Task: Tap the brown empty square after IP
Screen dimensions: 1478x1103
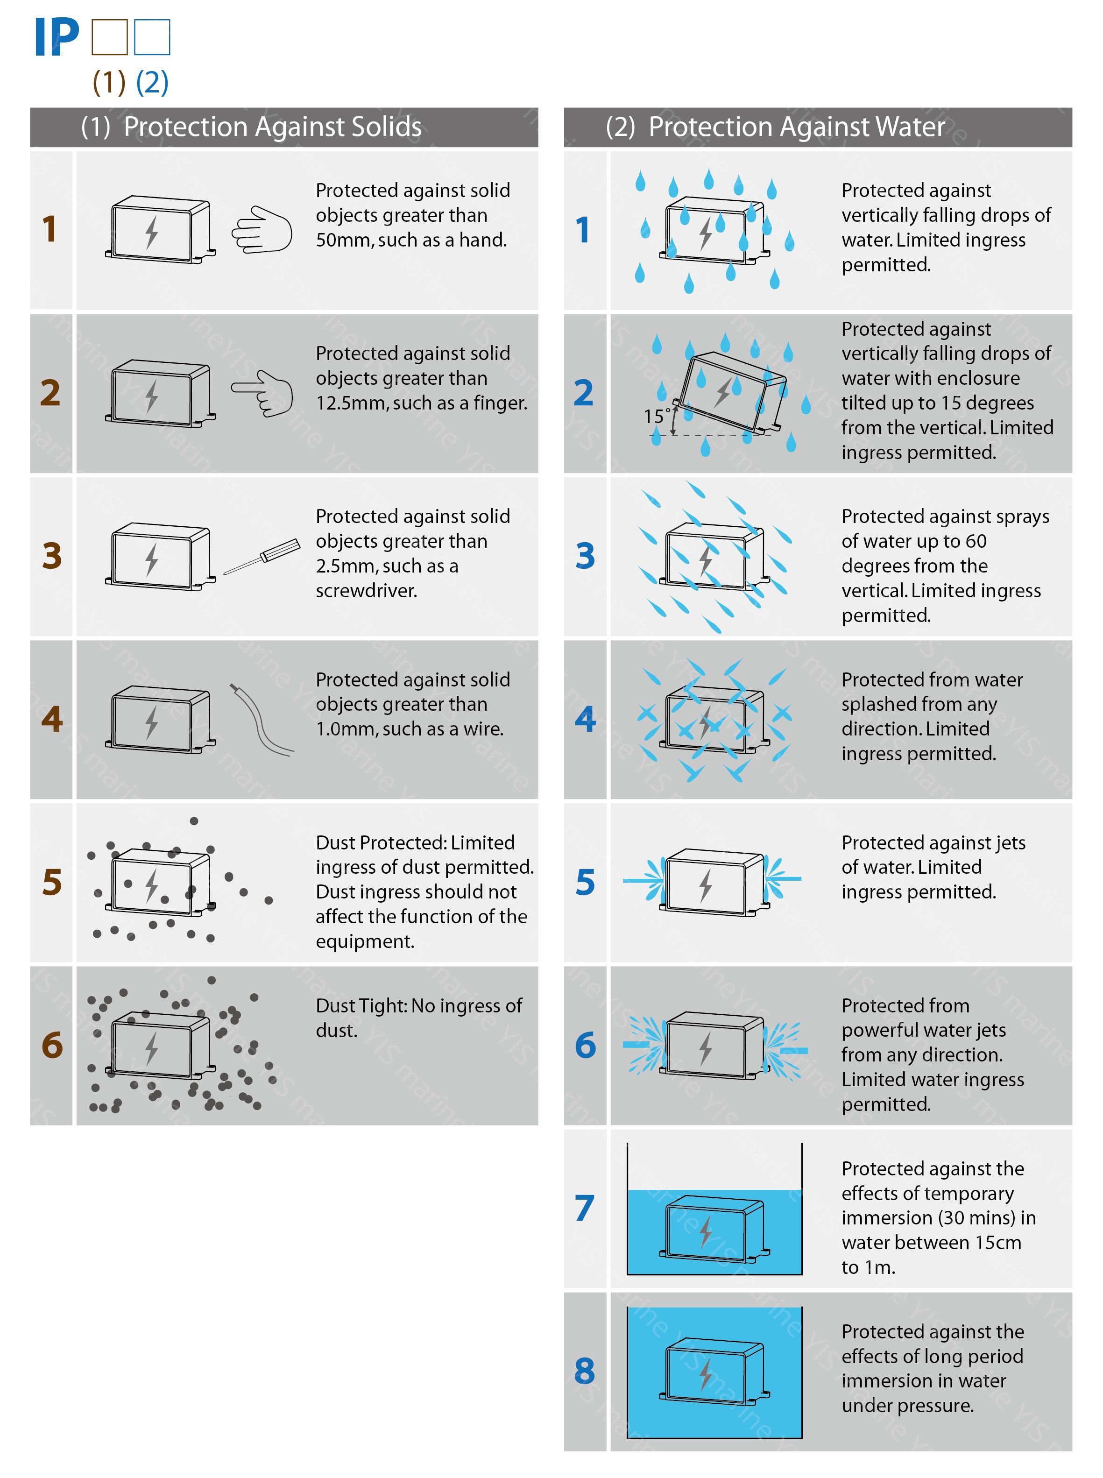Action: tap(109, 37)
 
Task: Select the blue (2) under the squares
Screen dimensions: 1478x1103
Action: tap(152, 82)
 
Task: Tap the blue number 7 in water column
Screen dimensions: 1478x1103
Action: tap(584, 1208)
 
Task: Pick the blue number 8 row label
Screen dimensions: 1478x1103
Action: tap(584, 1371)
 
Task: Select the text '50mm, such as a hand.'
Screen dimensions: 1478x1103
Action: tap(411, 240)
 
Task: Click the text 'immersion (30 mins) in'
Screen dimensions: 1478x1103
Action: tap(938, 1217)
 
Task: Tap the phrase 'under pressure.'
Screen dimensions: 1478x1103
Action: tap(907, 1405)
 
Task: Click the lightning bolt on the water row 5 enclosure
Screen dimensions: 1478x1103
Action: tap(705, 885)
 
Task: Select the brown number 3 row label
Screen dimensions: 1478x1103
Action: tap(52, 555)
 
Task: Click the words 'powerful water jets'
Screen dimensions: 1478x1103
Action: tap(923, 1030)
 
